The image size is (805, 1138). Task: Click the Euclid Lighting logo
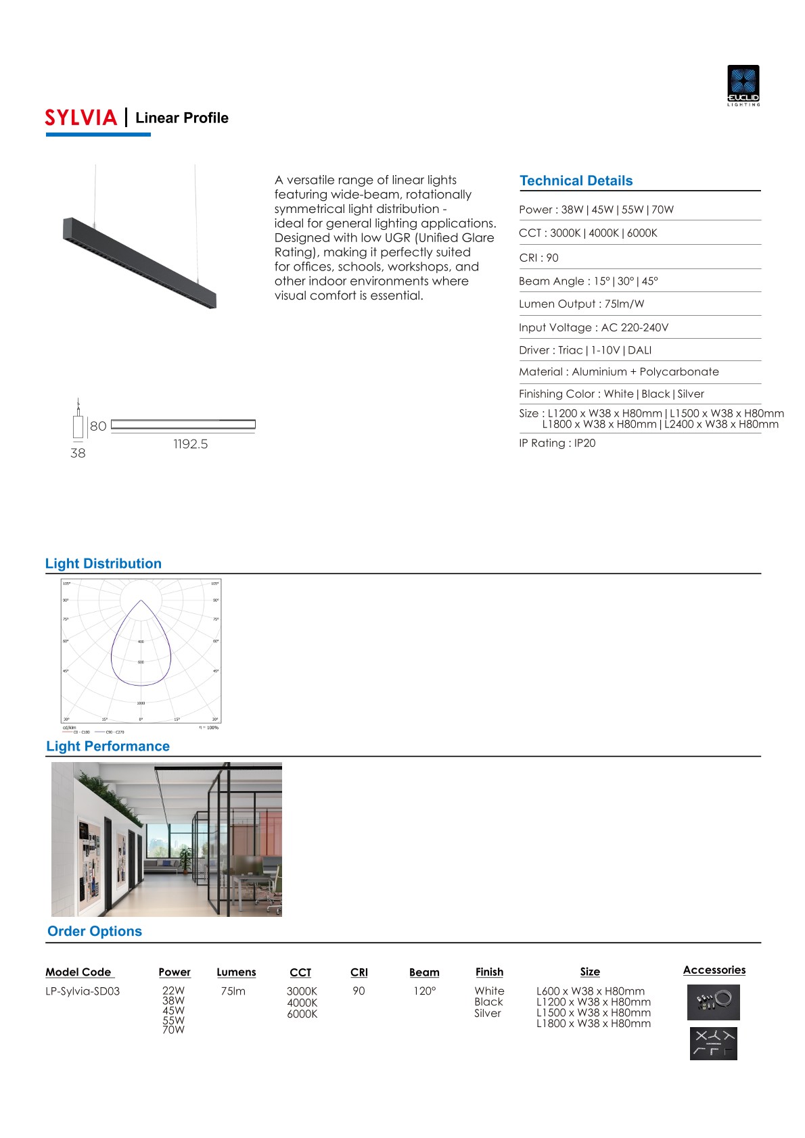click(743, 85)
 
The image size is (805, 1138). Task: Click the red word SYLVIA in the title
click(81, 118)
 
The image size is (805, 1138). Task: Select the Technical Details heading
click(576, 181)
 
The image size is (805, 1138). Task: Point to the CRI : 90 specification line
click(538, 258)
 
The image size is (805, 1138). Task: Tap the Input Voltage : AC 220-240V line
click(593, 327)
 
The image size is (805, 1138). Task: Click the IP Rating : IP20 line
click(557, 443)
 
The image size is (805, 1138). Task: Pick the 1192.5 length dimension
click(190, 444)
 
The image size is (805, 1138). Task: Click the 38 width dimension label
click(78, 453)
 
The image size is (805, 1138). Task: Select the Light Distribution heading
click(103, 563)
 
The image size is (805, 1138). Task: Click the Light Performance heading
click(108, 746)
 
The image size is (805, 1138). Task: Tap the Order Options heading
click(95, 931)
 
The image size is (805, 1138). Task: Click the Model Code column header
click(78, 972)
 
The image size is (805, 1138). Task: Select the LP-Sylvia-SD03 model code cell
click(83, 991)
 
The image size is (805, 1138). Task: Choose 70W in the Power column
click(173, 1030)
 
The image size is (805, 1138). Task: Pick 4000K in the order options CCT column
click(302, 1003)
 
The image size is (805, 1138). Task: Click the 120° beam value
click(425, 991)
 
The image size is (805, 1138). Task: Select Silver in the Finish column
click(488, 1013)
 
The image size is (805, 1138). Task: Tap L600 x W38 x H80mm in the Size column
click(591, 991)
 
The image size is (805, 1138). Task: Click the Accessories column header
click(714, 970)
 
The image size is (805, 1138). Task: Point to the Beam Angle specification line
click(588, 281)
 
